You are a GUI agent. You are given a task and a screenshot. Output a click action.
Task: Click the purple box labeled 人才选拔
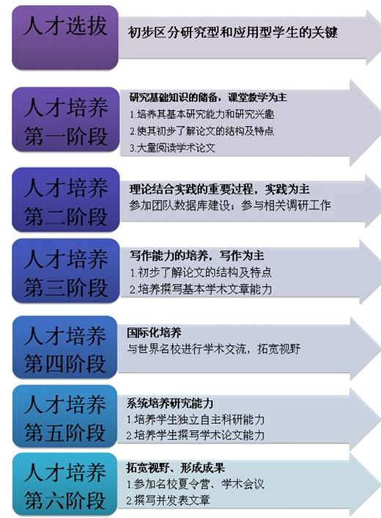[65, 37]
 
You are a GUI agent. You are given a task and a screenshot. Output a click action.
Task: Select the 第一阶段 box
[65, 120]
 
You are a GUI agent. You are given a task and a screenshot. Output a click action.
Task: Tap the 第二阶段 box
[65, 200]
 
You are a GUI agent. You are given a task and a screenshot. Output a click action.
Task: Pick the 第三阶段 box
[65, 271]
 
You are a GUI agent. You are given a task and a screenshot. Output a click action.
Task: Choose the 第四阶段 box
[65, 347]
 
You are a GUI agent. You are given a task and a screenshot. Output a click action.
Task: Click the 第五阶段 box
[65, 416]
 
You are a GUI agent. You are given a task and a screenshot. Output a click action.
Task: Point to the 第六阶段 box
[65, 484]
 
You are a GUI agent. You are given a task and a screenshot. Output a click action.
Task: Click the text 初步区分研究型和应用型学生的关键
[232, 32]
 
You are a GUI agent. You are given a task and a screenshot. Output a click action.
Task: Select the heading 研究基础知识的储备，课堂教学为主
[208, 98]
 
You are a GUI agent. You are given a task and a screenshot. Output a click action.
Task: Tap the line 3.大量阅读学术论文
[172, 147]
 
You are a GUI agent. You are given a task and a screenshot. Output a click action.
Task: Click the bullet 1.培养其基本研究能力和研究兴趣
[201, 114]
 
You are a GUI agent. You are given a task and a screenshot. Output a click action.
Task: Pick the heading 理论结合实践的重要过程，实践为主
[219, 189]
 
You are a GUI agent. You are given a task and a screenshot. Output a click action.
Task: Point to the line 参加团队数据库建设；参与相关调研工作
[229, 205]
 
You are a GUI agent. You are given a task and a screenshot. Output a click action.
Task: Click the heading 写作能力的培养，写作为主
[196, 255]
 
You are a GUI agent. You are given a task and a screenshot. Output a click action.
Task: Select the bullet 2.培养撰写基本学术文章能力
[201, 289]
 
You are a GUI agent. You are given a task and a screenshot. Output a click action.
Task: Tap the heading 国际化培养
[154, 332]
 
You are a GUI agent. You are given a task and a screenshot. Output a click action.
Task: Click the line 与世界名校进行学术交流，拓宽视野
[214, 349]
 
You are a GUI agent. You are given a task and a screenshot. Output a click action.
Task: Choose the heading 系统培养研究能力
[169, 403]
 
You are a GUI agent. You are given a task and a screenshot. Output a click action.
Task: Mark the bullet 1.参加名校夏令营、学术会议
[196, 485]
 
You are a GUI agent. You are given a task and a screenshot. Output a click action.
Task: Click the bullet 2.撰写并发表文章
[169, 500]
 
